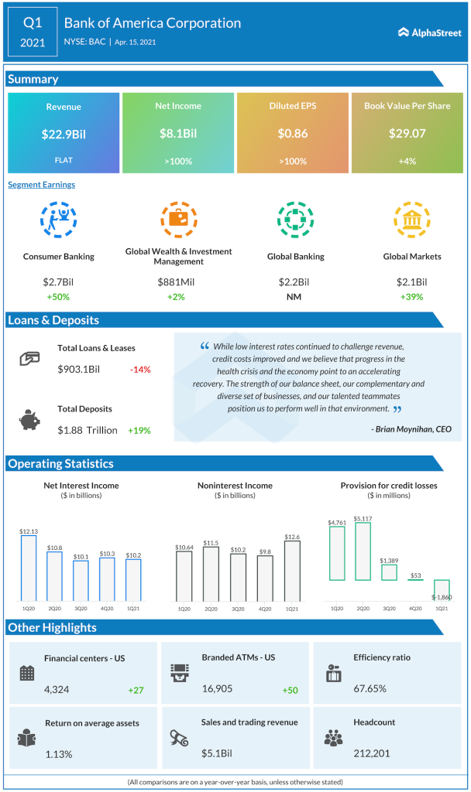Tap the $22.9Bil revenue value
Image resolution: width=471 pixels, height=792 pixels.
point(64,134)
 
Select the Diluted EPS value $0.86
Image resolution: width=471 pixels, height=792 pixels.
point(292,134)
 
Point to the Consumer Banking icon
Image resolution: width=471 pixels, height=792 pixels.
point(59,220)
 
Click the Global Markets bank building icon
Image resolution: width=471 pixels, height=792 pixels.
point(407,220)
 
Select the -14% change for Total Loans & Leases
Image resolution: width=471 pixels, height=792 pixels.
point(140,370)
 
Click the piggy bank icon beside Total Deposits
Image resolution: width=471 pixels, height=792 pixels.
point(29,419)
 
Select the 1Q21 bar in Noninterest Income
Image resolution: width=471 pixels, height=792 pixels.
point(292,571)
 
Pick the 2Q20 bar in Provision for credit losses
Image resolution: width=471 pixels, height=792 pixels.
point(363,551)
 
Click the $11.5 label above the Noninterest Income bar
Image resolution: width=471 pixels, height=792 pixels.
point(210,543)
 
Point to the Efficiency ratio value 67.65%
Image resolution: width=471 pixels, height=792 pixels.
point(370,688)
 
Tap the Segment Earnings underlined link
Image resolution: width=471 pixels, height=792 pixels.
point(41,185)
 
